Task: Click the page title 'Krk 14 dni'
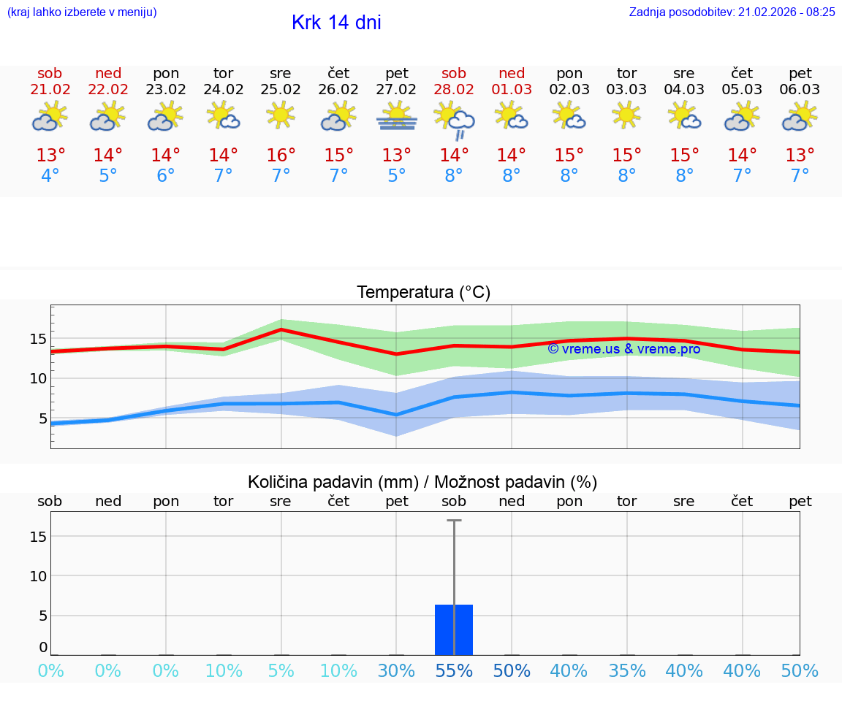336,23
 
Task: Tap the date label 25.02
281,90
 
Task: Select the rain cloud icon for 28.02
455,120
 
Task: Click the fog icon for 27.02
397,117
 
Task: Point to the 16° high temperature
281,156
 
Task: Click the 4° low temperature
50,176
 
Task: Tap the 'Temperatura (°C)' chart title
423,293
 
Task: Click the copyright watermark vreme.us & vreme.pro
623,349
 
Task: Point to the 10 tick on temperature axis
38,378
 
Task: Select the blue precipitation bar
454,629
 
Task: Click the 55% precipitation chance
454,671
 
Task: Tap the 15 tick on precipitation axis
38,537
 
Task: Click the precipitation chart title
422,482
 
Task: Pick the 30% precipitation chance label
396,671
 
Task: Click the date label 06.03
800,90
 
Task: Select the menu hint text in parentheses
82,12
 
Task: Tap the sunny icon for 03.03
627,115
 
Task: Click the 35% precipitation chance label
627,671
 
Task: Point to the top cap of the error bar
454,521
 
